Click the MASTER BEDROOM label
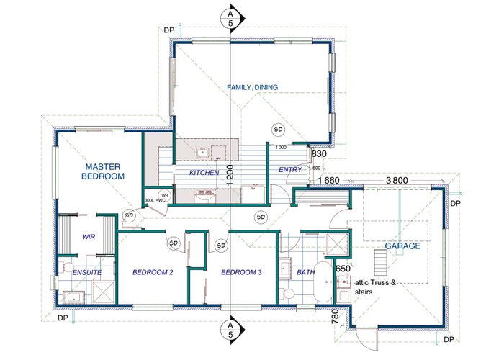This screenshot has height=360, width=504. (x=103, y=171)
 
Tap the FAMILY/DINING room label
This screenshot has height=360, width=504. (x=252, y=87)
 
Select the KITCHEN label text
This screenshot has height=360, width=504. (x=204, y=173)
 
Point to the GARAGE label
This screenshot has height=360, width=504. (x=402, y=246)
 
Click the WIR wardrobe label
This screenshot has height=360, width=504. (x=89, y=237)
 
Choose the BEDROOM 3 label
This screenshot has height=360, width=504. (x=241, y=273)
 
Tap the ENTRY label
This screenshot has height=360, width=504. (x=290, y=170)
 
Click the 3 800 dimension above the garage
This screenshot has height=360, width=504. (x=397, y=181)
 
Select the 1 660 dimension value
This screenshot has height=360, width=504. (x=328, y=181)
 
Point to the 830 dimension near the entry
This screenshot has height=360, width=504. (x=319, y=154)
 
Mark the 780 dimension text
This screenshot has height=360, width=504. (x=335, y=317)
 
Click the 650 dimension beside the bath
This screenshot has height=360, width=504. (x=343, y=269)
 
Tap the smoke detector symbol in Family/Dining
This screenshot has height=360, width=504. (x=278, y=130)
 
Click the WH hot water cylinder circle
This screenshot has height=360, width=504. (x=164, y=195)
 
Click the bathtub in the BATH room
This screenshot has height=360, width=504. (x=323, y=282)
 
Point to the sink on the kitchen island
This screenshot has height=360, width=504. (x=203, y=153)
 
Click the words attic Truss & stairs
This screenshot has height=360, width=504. (x=375, y=287)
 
